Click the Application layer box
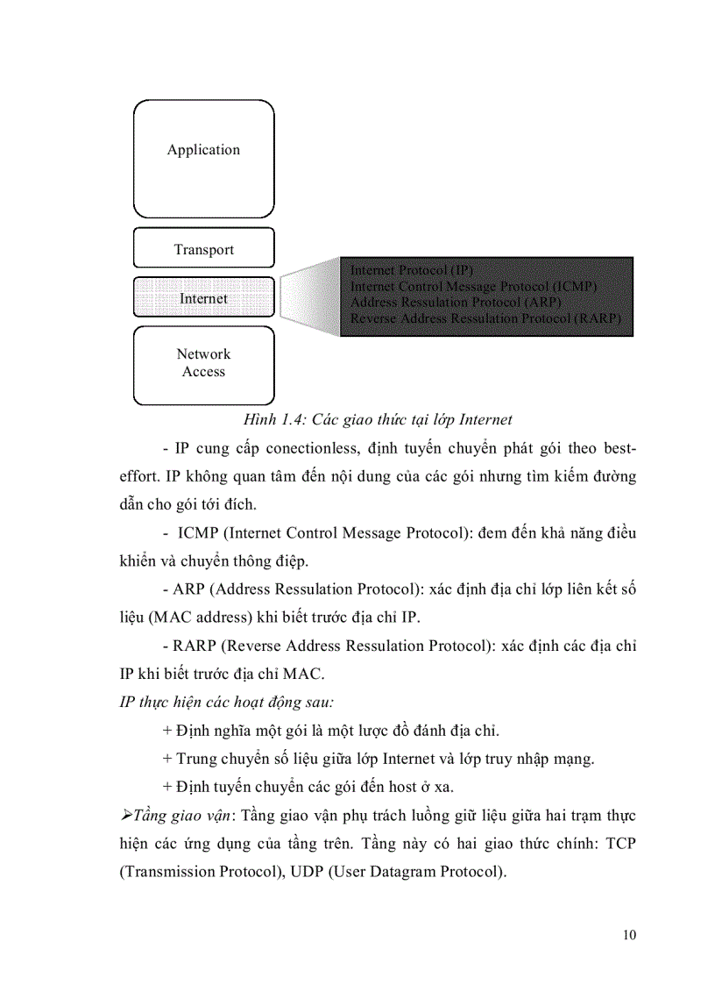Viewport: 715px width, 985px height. coord(203,158)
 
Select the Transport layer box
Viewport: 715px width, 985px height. coord(203,248)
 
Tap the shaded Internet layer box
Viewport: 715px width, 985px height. coord(203,298)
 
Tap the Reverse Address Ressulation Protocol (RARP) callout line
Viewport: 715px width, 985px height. coord(485,318)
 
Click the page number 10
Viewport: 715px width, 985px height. coord(629,934)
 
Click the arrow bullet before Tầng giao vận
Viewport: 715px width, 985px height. coord(124,816)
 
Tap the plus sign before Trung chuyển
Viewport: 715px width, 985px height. coord(167,758)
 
